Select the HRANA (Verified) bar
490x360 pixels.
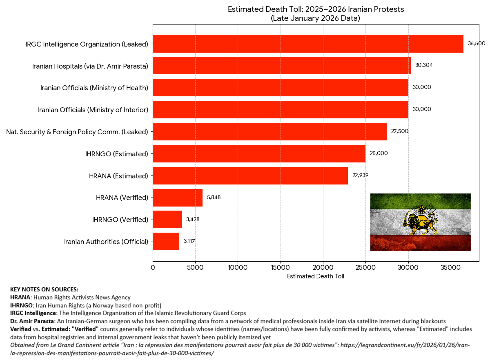[x=178, y=198]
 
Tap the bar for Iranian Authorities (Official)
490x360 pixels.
[x=166, y=242]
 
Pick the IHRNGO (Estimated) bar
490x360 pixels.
[x=259, y=153]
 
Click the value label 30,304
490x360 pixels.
[x=423, y=65]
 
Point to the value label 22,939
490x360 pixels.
[x=361, y=176]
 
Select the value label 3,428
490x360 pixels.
[x=193, y=220]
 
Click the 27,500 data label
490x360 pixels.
[x=399, y=131]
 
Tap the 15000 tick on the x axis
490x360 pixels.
[x=281, y=268]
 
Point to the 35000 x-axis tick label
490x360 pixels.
[x=451, y=268]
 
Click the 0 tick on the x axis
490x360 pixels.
[x=153, y=268]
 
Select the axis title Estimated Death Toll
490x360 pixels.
[x=316, y=276]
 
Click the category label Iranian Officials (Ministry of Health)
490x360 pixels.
[x=94, y=87]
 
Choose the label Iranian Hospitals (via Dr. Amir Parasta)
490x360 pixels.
[x=90, y=66]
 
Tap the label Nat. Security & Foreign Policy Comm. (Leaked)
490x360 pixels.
[x=77, y=132]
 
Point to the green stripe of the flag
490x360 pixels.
[x=421, y=201]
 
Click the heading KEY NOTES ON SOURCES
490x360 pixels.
[x=44, y=289]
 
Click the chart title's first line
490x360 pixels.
[x=316, y=9]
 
